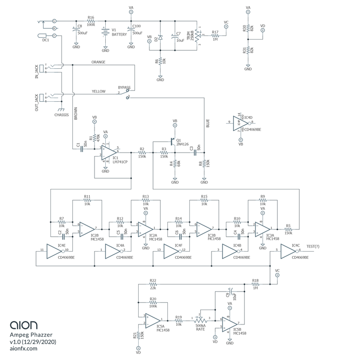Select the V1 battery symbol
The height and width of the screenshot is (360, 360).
(105, 32)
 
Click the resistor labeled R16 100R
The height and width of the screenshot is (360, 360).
(91, 21)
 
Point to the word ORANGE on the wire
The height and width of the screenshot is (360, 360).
(98, 62)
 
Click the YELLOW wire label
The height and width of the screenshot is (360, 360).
(99, 91)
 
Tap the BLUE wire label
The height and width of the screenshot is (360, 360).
(207, 124)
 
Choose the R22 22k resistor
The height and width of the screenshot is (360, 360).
(153, 285)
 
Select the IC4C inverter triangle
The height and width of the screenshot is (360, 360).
(288, 252)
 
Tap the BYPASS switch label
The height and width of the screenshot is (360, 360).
(124, 87)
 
